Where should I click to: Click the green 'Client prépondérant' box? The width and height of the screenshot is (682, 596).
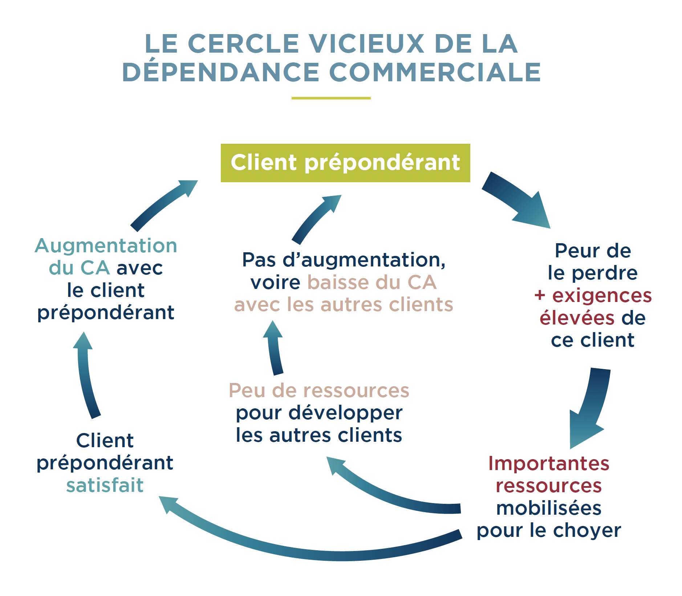click(x=345, y=163)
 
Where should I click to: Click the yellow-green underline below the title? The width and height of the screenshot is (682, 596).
click(x=331, y=98)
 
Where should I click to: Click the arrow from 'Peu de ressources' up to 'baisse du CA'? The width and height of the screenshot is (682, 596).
click(x=275, y=348)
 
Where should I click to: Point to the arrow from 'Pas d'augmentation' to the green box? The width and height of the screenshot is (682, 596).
click(x=316, y=218)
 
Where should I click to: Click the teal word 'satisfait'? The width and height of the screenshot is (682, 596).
click(x=105, y=485)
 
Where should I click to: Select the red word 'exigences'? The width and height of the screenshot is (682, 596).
click(x=602, y=295)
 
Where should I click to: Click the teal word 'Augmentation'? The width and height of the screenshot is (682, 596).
click(x=106, y=246)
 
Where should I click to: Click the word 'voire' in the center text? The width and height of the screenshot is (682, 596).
click(x=275, y=282)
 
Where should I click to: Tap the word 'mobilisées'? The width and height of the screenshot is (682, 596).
click(x=548, y=508)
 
